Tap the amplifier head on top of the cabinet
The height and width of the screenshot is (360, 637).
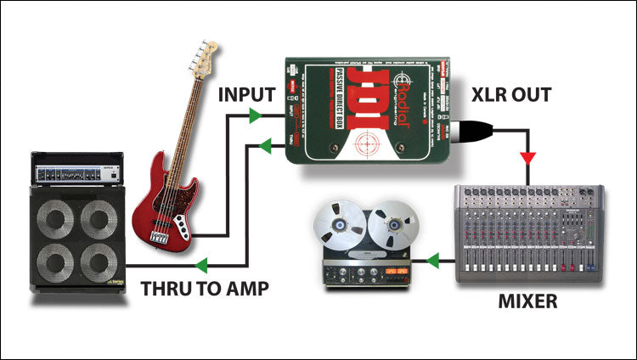tap(77, 167)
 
